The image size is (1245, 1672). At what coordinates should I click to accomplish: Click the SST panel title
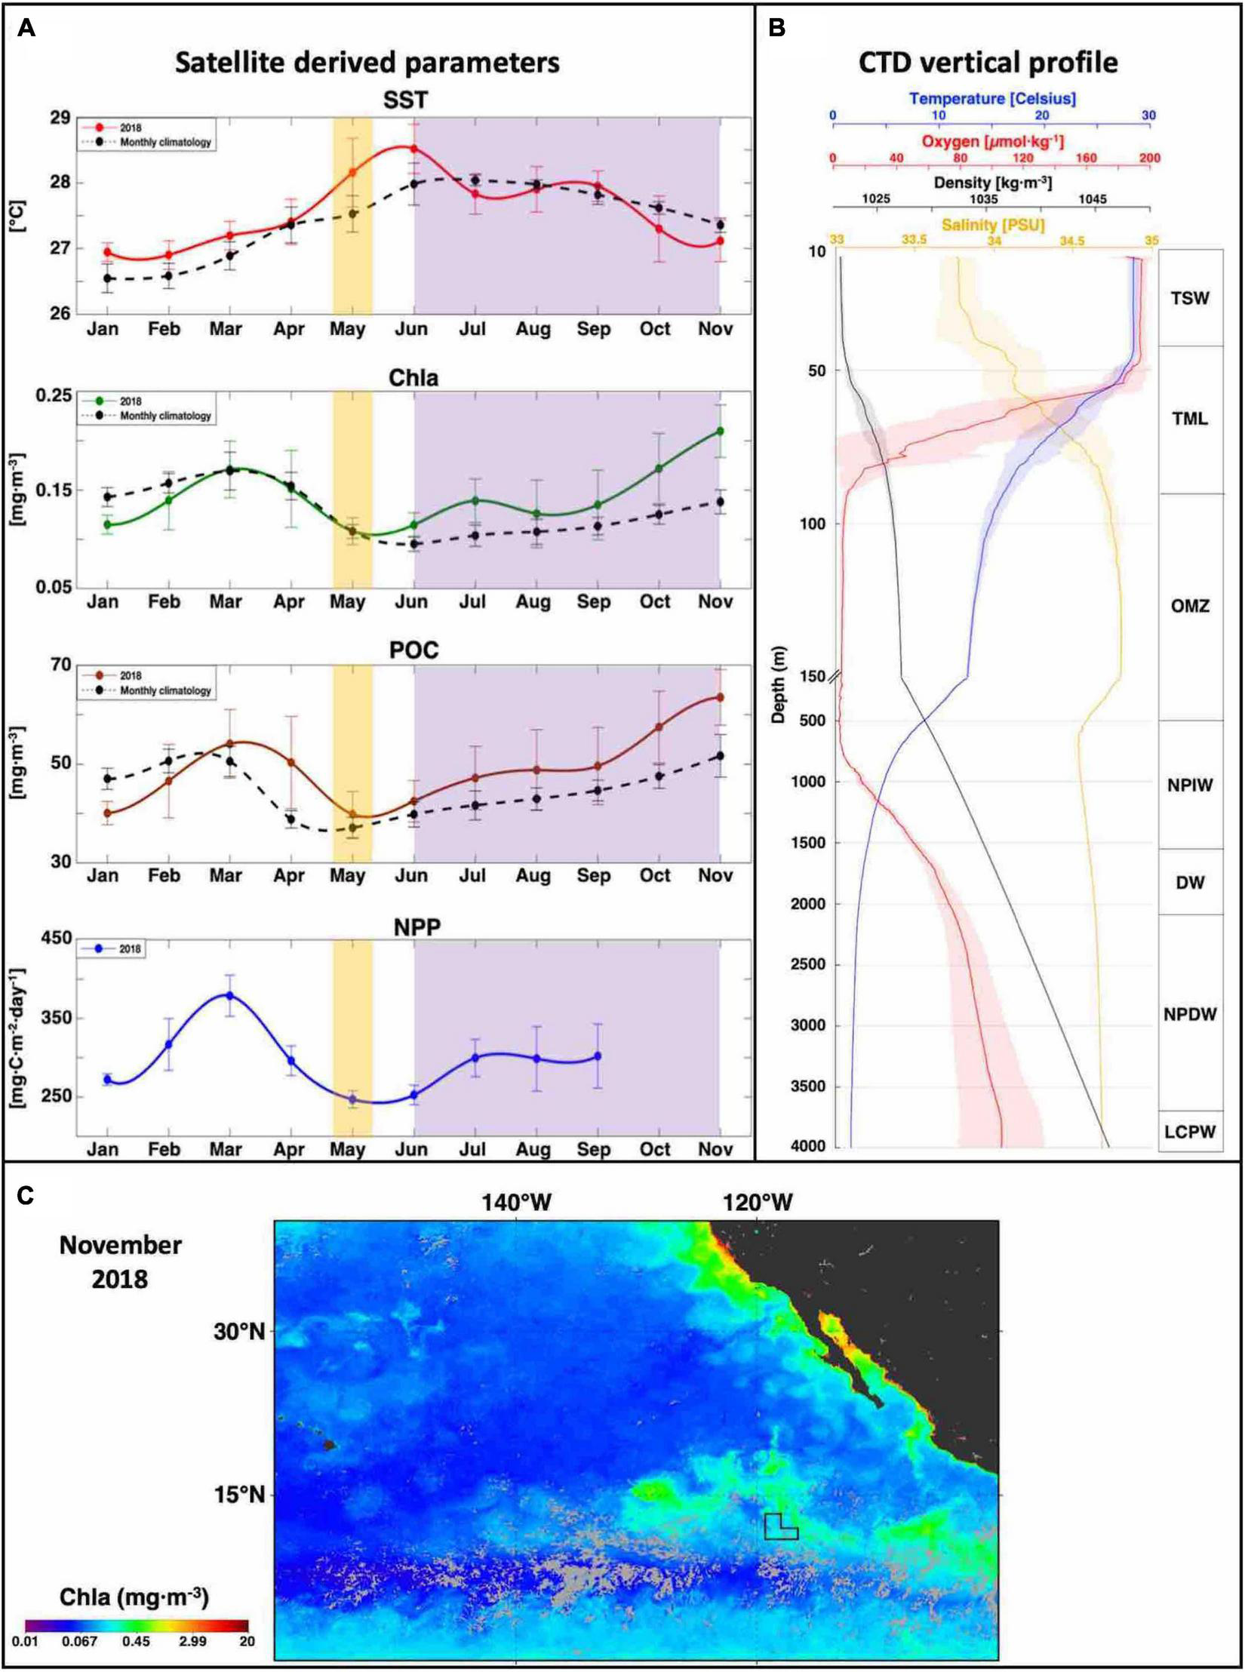click(x=405, y=100)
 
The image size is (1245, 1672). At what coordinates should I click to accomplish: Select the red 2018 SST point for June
click(x=414, y=148)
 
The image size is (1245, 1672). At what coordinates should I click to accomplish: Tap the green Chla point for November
click(x=720, y=431)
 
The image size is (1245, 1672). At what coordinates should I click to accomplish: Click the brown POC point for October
click(x=659, y=727)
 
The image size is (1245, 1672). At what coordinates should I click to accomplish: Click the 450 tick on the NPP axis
click(x=56, y=938)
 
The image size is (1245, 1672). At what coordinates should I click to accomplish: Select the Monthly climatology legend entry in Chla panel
click(x=165, y=416)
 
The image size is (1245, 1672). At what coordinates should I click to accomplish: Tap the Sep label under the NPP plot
click(x=594, y=1149)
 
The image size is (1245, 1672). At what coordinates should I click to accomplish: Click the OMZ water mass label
click(x=1190, y=606)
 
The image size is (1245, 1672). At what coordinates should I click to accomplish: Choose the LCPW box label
click(x=1190, y=1131)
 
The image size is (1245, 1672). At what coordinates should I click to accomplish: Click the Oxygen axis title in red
click(x=992, y=141)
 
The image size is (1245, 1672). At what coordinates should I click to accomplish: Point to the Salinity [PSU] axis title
click(x=992, y=225)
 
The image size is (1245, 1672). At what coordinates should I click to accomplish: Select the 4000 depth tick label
click(x=807, y=1146)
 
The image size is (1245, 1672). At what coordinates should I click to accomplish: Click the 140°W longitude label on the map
click(x=516, y=1202)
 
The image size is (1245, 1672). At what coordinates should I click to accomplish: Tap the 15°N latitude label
click(x=240, y=1494)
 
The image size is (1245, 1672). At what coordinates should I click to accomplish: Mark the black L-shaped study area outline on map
click(x=779, y=1527)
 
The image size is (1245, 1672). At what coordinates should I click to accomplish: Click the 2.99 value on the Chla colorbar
click(x=192, y=1641)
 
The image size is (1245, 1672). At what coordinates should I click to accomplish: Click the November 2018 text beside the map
click(x=121, y=1262)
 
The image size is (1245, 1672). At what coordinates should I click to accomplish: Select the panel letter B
click(x=776, y=28)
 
